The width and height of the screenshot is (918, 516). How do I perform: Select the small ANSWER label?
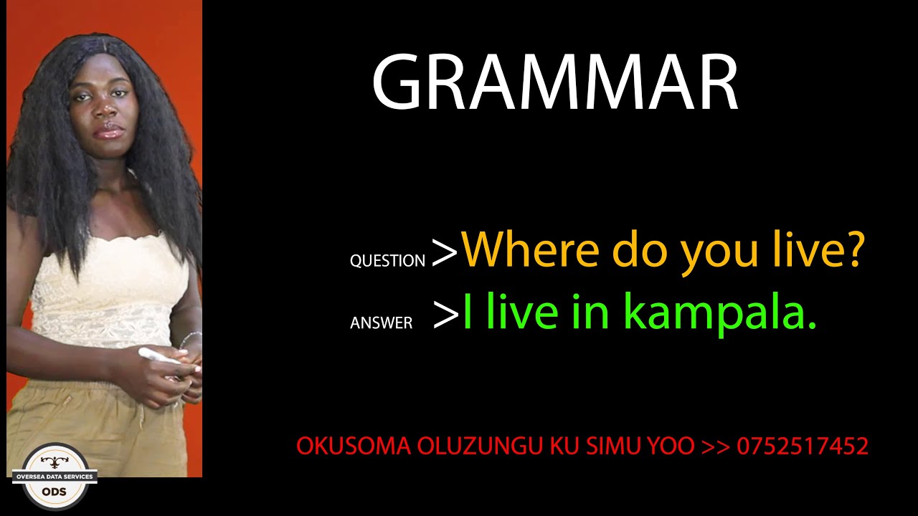381,323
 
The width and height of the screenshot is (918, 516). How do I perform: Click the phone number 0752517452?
803,446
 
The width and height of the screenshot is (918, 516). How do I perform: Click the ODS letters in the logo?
55,492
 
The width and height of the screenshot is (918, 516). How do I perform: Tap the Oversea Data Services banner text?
55,477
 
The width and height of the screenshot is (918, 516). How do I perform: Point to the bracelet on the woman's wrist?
190,339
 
